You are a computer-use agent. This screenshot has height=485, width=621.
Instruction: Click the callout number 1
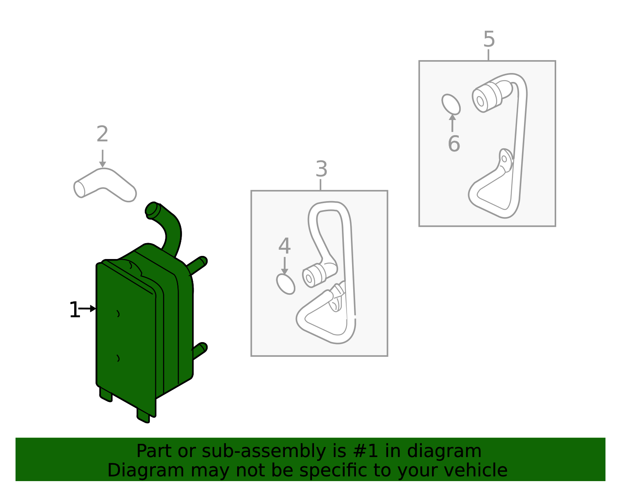(x=74, y=310)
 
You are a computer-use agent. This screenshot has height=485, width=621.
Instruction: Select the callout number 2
(x=102, y=134)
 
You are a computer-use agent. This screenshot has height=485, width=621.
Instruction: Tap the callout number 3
(x=321, y=169)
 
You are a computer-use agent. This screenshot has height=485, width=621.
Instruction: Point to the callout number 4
(x=284, y=246)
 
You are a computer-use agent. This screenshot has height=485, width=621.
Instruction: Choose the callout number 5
(x=489, y=39)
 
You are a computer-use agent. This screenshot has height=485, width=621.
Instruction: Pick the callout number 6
(x=454, y=143)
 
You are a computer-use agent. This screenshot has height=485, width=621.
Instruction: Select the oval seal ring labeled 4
(x=286, y=284)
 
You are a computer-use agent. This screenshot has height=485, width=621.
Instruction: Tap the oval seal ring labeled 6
(x=451, y=104)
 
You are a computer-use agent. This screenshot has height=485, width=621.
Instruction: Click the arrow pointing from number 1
(x=87, y=309)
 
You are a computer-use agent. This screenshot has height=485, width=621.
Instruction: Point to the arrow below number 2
(x=102, y=158)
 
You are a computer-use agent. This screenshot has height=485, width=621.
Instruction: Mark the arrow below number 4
(x=284, y=266)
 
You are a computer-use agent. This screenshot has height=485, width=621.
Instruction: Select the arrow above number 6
(x=453, y=123)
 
